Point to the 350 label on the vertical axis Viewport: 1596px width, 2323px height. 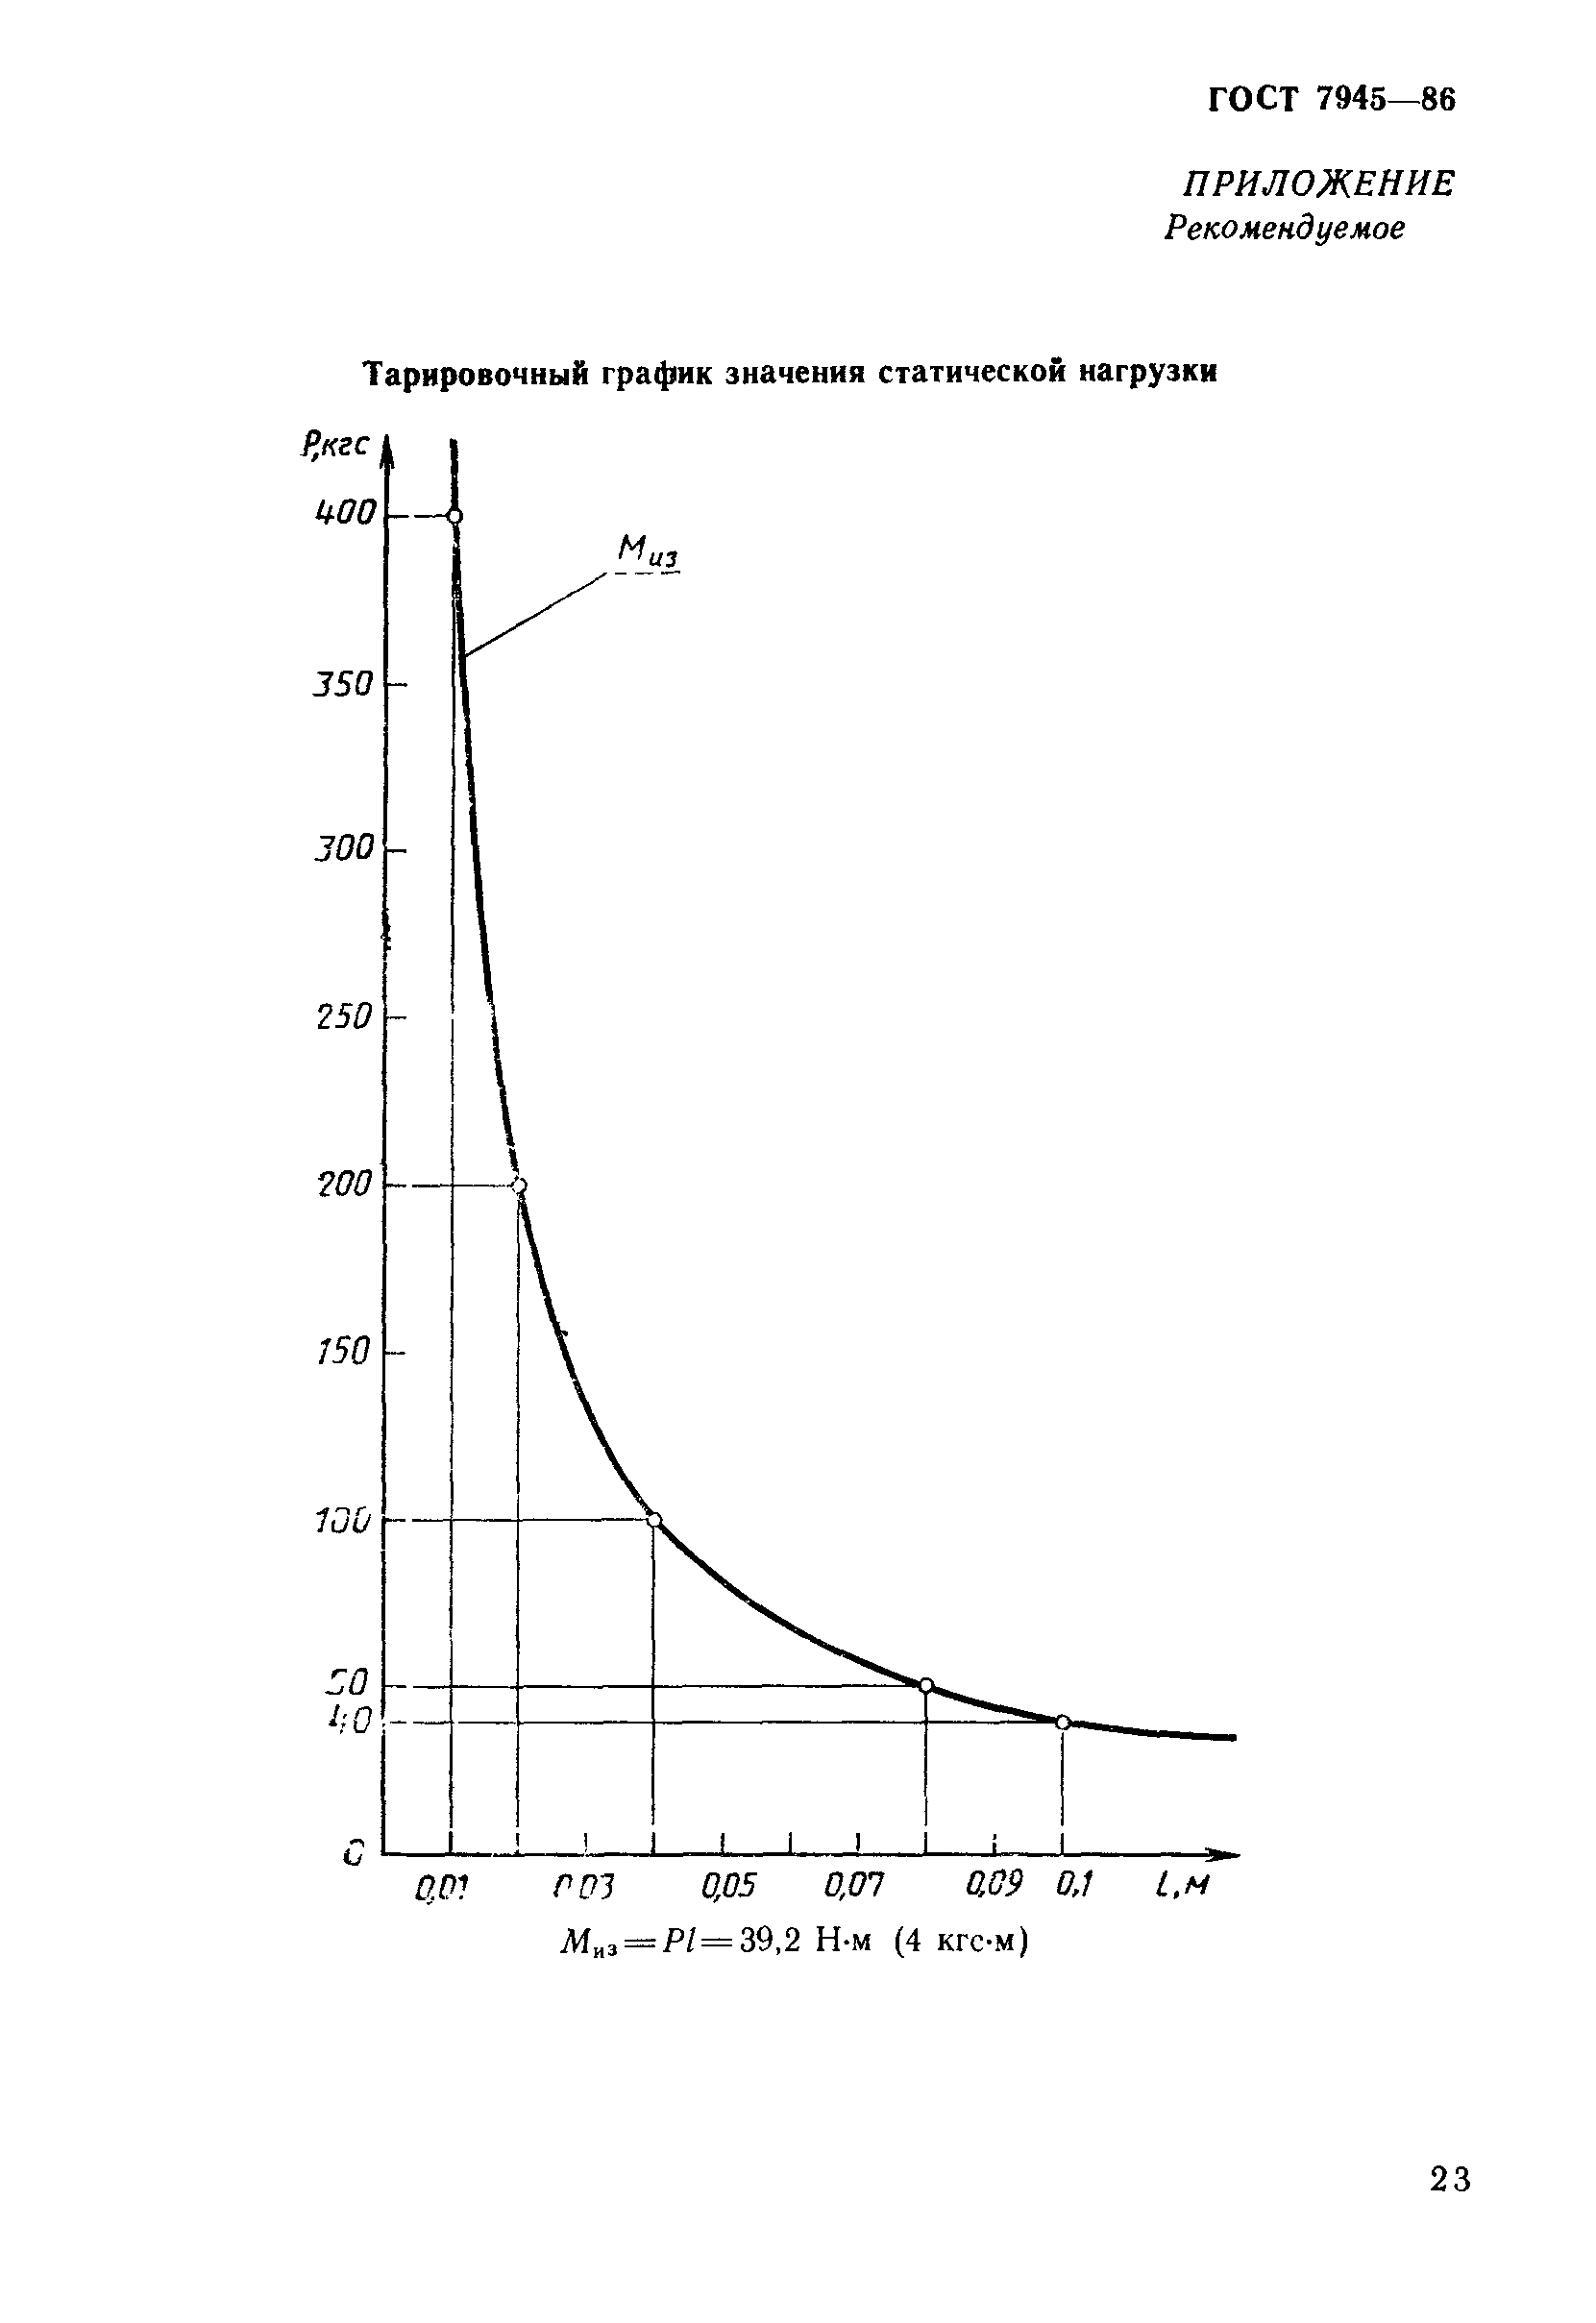tap(343, 685)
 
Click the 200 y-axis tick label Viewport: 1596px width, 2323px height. tap(344, 1186)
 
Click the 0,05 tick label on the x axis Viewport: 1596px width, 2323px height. tap(728, 1886)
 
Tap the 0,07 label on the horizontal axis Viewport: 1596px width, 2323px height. tap(854, 1886)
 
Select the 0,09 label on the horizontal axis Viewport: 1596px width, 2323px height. tap(994, 1885)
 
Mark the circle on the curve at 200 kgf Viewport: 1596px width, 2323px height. tap(519, 1186)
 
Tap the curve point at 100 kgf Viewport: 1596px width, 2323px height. tap(654, 1521)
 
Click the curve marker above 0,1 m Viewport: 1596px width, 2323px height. tap(1063, 1723)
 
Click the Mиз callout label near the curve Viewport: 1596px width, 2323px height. tap(648, 551)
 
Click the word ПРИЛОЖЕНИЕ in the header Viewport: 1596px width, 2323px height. tap(1319, 183)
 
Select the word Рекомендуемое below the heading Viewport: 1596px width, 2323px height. tap(1285, 229)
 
